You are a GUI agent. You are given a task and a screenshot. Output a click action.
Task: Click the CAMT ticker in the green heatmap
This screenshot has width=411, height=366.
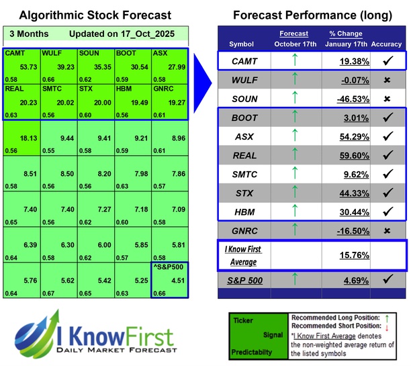[13, 53]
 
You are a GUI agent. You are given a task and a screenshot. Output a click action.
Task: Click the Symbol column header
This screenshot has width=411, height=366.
[242, 44]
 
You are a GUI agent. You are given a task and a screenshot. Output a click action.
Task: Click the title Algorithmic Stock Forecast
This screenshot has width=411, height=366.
[95, 15]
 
